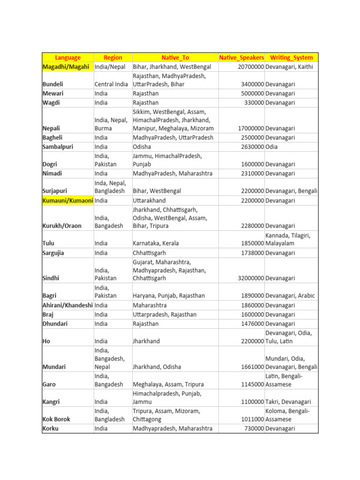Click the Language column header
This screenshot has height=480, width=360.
pos(68,58)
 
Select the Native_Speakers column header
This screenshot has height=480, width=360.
pos(241,58)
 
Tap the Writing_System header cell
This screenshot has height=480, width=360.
pos(292,58)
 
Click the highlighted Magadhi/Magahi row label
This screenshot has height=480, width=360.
pos(66,67)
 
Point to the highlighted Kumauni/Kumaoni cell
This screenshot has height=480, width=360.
pos(67,201)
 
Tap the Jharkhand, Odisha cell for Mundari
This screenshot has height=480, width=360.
pos(157,367)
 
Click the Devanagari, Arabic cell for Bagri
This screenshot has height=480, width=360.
pos(290,296)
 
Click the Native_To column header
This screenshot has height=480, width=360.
pos(175,58)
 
